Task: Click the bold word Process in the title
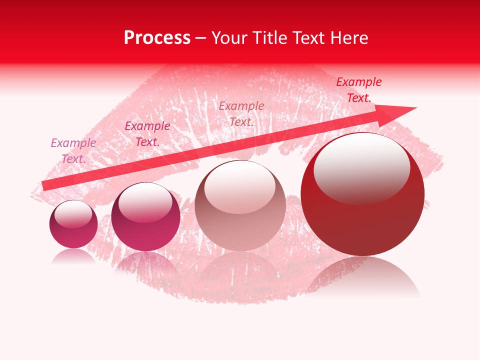pyautogui.click(x=157, y=38)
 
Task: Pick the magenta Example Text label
pyautogui.click(x=147, y=134)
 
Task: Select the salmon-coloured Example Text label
pyautogui.click(x=241, y=113)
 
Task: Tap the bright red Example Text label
pyautogui.click(x=359, y=90)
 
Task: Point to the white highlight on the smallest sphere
pyautogui.click(x=73, y=214)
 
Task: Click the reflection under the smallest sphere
pyautogui.click(x=73, y=256)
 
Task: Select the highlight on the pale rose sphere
pyautogui.click(x=240, y=187)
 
